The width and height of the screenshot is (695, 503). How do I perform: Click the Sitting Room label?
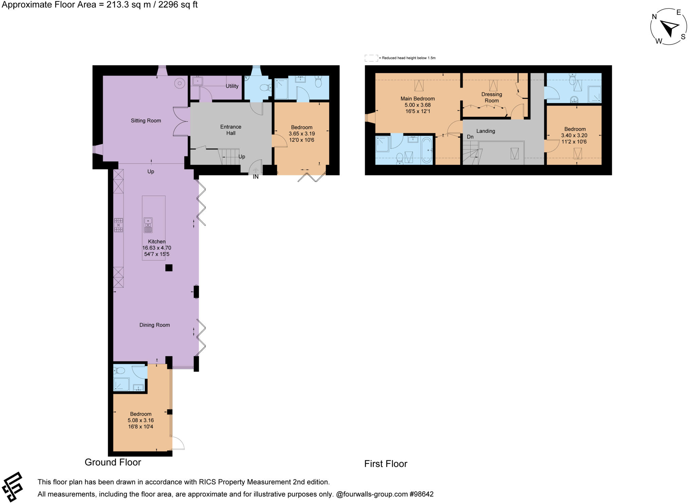146,121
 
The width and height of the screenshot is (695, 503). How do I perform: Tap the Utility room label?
232,86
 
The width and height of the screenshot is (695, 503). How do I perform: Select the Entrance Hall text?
231,130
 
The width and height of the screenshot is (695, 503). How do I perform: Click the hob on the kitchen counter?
118,225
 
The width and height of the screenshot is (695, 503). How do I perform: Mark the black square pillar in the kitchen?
169,268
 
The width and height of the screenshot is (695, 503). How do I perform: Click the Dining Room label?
154,325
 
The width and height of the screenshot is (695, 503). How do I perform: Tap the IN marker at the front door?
256,177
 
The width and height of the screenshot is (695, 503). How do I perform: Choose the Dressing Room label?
491,97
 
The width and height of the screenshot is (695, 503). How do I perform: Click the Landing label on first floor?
485,131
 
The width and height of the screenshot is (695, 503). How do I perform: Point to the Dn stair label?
470,137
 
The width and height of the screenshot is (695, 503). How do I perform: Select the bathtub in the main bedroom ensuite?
428,150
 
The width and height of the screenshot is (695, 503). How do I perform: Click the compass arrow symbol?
670,28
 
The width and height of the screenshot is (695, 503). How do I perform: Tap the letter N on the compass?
654,17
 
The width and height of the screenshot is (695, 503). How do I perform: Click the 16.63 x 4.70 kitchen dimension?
156,248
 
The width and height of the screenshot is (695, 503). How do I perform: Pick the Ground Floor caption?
113,462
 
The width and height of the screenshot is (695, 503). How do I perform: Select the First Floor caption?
386,464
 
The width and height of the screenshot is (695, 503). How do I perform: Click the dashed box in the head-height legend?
371,58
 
